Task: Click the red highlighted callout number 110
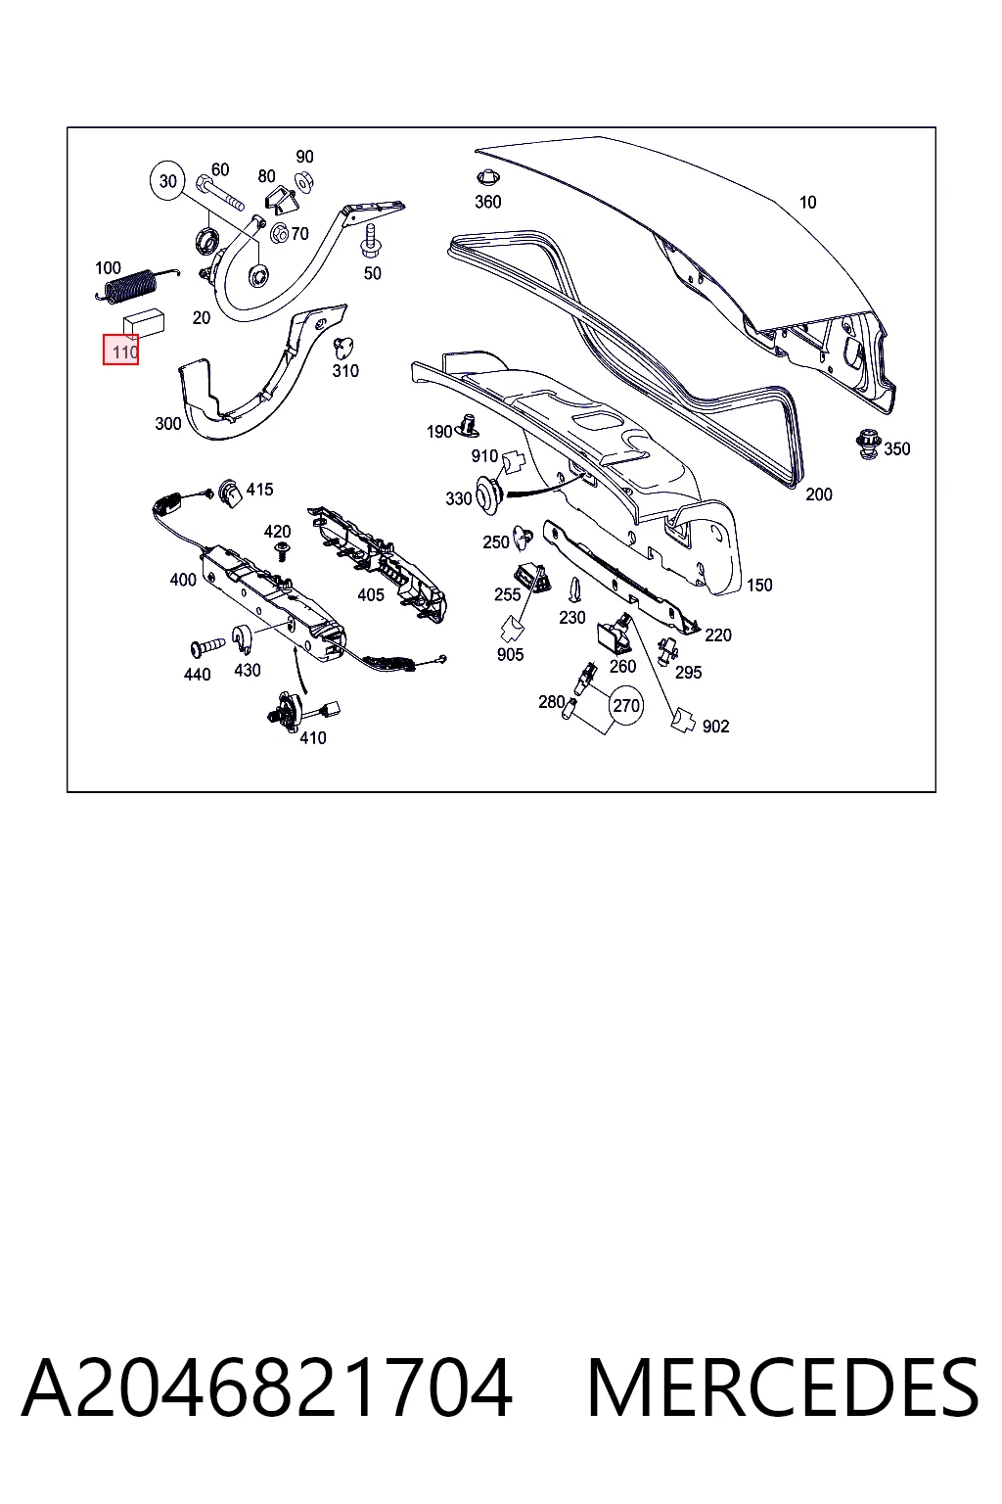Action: (x=120, y=351)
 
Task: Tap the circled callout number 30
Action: (x=167, y=180)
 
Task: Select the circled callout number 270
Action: (x=625, y=706)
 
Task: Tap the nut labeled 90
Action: (x=304, y=180)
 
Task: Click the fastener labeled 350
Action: (x=869, y=446)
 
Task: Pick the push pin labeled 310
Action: (x=342, y=348)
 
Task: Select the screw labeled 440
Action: (x=206, y=648)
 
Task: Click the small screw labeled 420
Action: (x=283, y=552)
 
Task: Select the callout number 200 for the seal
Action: (x=819, y=494)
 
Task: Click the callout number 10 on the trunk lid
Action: (x=807, y=202)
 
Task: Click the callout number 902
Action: (x=715, y=727)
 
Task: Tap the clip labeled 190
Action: (x=468, y=425)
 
